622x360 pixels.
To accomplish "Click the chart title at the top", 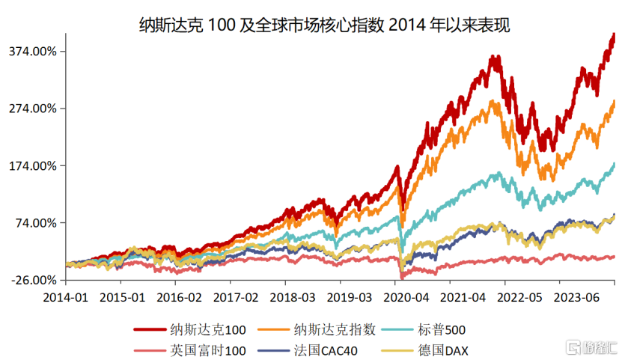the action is [x=324, y=25].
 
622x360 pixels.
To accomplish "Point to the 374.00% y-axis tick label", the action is [x=32, y=52].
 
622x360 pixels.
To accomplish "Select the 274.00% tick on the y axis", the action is [x=32, y=109].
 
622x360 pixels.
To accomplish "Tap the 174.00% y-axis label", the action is [x=32, y=165].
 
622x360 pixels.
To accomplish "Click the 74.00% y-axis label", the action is [x=36, y=223].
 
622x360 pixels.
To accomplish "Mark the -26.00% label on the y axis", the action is [x=34, y=281].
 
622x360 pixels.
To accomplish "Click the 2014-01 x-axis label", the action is [x=65, y=298].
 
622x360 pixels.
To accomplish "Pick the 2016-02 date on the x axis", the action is [x=179, y=298].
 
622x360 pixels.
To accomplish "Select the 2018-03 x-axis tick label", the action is [x=293, y=298].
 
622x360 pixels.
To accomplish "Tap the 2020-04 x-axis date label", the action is [x=406, y=298].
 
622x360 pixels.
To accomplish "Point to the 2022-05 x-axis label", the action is [x=519, y=298].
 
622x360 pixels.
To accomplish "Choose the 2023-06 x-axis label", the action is [x=576, y=298].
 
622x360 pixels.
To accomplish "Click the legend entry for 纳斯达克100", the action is [x=189, y=330].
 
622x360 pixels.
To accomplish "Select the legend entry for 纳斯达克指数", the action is [x=316, y=330].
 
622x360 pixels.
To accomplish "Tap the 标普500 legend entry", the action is [x=423, y=330].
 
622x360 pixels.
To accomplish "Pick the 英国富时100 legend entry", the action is [x=189, y=350].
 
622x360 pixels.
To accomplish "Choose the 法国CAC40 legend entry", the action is [x=308, y=350].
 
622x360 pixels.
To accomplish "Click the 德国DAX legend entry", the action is [x=425, y=350].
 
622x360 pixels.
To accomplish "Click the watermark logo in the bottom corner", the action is [x=591, y=347].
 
